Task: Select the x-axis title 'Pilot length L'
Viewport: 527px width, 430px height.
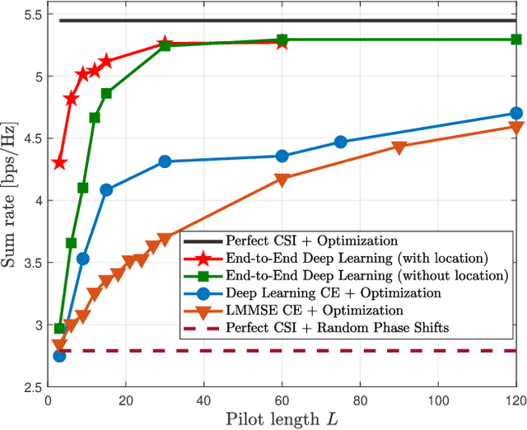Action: (x=282, y=419)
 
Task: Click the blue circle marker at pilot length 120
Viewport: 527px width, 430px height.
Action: (x=516, y=114)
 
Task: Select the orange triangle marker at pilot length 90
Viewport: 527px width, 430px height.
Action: (x=399, y=147)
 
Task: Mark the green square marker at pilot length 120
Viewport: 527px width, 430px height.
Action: (x=516, y=39)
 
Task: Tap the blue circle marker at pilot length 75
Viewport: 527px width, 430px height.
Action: (x=341, y=142)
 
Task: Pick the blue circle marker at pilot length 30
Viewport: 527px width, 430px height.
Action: (x=165, y=161)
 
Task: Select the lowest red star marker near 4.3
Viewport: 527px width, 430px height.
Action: (x=59, y=163)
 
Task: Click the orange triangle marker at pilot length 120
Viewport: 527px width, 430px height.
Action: (x=516, y=128)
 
